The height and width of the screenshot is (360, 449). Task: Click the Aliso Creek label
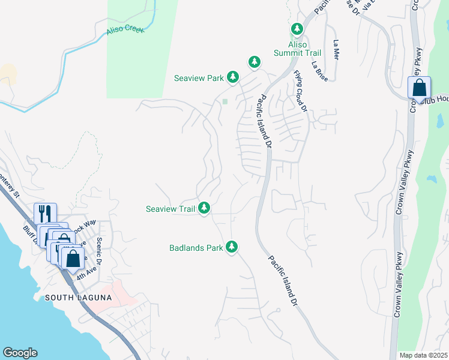pos(125,29)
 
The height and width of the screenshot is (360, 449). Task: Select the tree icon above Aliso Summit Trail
pos(297,29)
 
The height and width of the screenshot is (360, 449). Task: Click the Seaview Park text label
pos(198,78)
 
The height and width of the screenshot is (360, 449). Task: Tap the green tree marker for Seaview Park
pos(233,77)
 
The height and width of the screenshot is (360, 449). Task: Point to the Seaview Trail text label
pos(170,209)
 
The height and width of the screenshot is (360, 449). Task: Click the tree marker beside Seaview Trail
pos(205,208)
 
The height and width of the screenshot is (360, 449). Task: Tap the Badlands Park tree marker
pos(232,247)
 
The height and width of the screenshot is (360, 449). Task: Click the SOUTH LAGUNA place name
pos(70,298)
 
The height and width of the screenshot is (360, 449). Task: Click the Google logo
pos(20,353)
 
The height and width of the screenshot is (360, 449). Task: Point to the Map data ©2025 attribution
pos(424,355)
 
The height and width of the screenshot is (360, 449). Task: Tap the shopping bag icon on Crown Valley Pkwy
pos(419,88)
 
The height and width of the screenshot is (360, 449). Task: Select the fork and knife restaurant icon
pos(46,214)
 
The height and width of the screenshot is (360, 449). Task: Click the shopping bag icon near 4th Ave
pos(73,259)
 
